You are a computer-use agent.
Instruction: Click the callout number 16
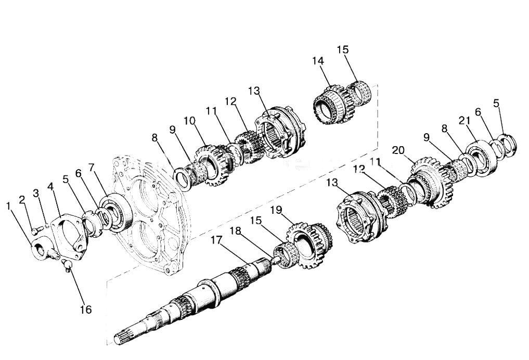pos(86,309)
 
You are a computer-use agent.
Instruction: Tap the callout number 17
pos(217,240)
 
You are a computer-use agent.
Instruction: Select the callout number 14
pos(318,61)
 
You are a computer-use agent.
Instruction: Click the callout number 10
pos(190,120)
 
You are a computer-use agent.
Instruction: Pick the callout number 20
pos(398,150)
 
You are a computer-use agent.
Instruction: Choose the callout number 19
pos(276,210)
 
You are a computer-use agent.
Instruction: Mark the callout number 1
pos(8,205)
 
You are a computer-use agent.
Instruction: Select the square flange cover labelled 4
pos(68,236)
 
